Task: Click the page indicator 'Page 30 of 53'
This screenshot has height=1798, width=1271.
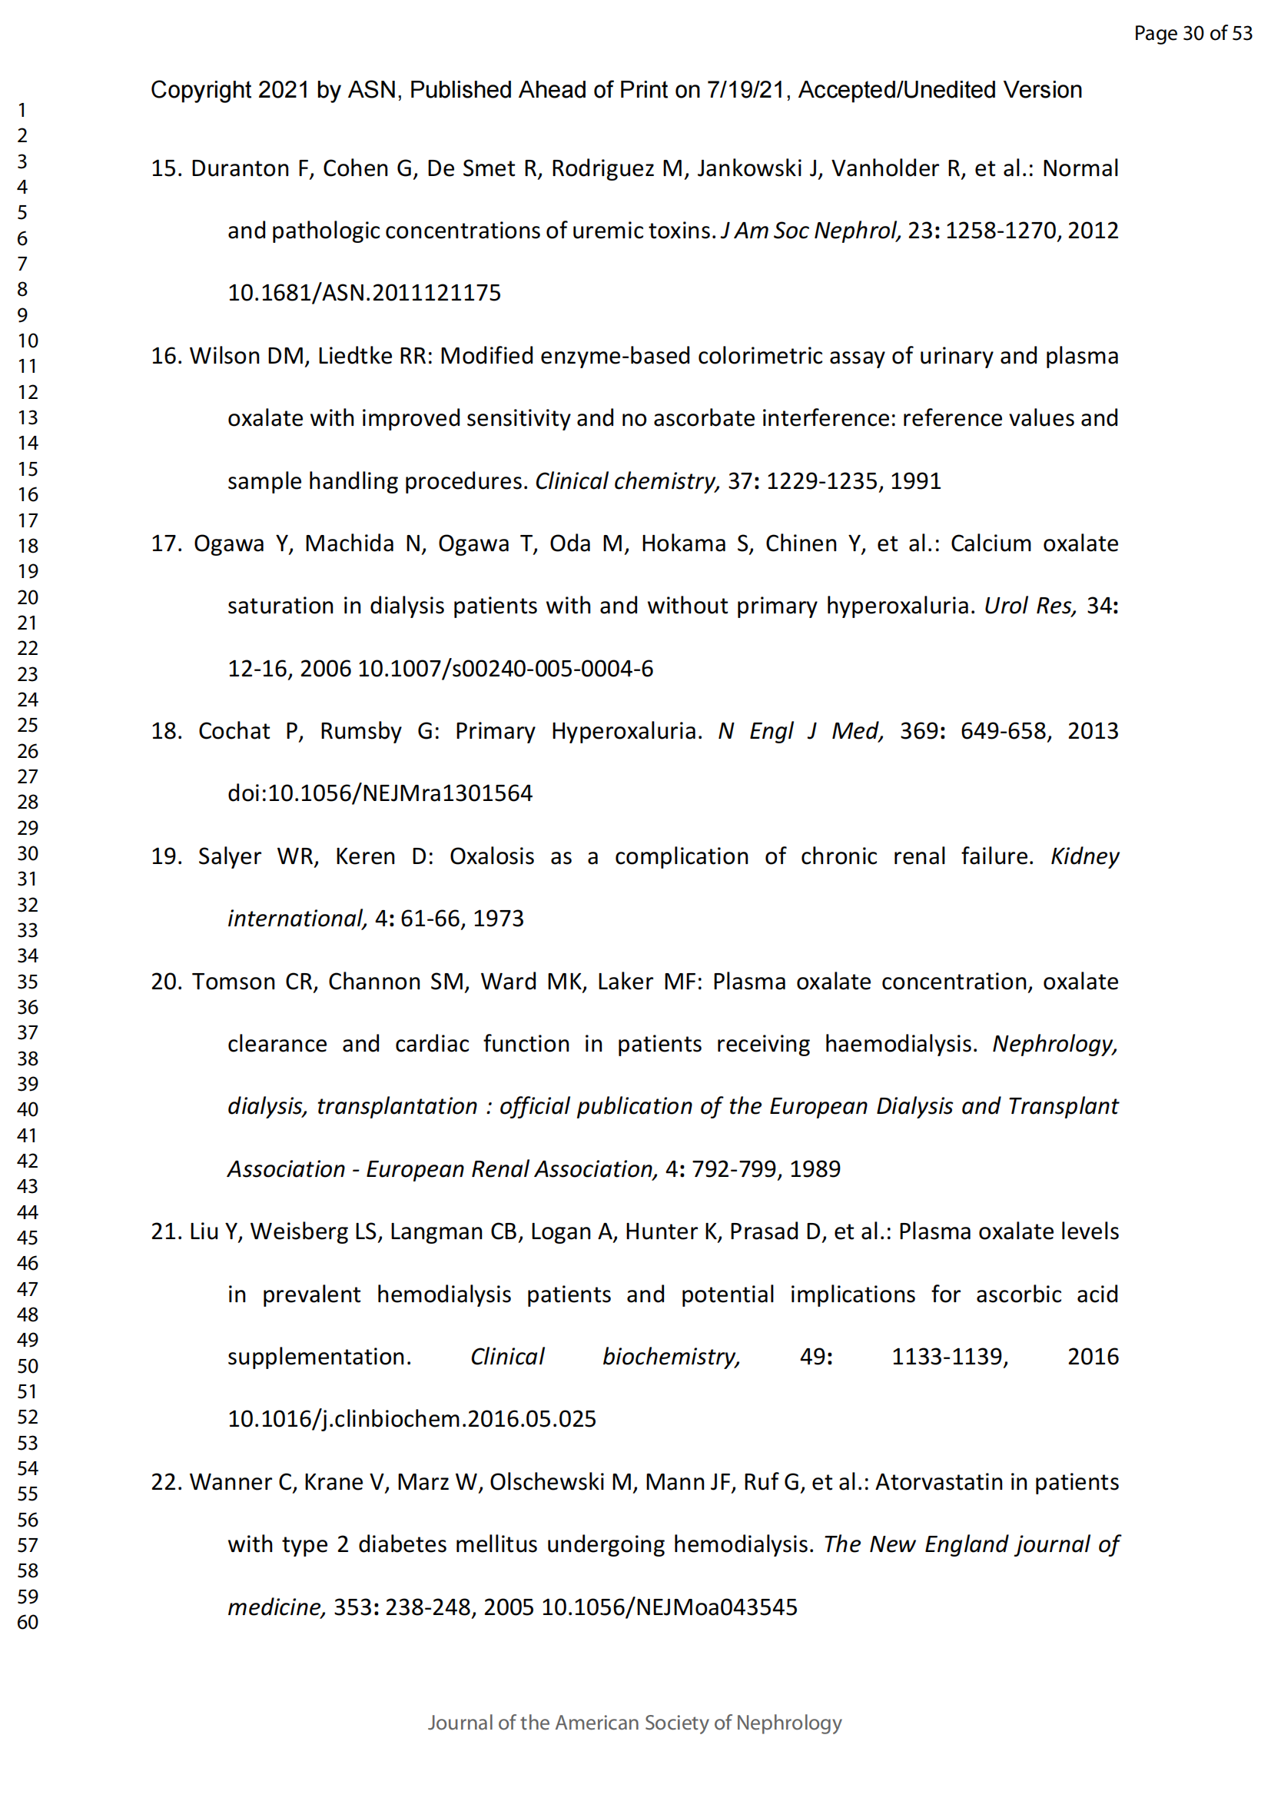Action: pyautogui.click(x=1192, y=33)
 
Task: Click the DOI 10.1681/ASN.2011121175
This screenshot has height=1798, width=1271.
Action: pyautogui.click(x=364, y=293)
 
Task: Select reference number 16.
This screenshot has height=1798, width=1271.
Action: pyautogui.click(x=166, y=357)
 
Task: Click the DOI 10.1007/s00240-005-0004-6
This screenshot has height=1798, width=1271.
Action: pyautogui.click(x=505, y=669)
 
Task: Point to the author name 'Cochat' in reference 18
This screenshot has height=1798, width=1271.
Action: pyautogui.click(x=234, y=731)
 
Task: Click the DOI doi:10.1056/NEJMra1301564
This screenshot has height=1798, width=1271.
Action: pyautogui.click(x=380, y=793)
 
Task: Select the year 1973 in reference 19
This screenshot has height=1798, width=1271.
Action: pyautogui.click(x=498, y=919)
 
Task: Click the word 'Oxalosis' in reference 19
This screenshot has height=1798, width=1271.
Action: pyautogui.click(x=492, y=856)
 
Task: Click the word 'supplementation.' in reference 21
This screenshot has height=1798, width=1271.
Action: pyautogui.click(x=320, y=1356)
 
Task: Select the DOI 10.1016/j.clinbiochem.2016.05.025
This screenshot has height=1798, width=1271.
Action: pyautogui.click(x=412, y=1419)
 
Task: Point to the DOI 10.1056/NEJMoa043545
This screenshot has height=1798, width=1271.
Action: pyautogui.click(x=669, y=1607)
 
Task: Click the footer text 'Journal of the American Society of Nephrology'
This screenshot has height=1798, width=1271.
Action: pyautogui.click(x=635, y=1723)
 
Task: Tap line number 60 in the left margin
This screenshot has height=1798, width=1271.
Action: pyautogui.click(x=28, y=1622)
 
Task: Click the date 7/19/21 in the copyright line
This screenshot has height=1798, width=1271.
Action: pyautogui.click(x=745, y=90)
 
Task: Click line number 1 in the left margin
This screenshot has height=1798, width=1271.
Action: pyautogui.click(x=22, y=111)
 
